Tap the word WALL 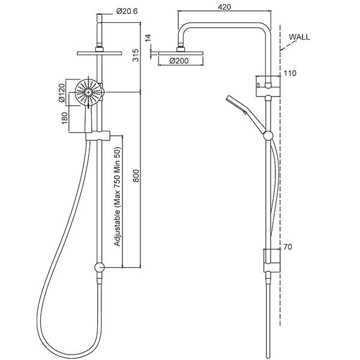299,37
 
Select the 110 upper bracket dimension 290,73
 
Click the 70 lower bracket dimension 288,247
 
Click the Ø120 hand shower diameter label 62,93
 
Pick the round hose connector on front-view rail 99,267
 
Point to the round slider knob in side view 268,136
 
